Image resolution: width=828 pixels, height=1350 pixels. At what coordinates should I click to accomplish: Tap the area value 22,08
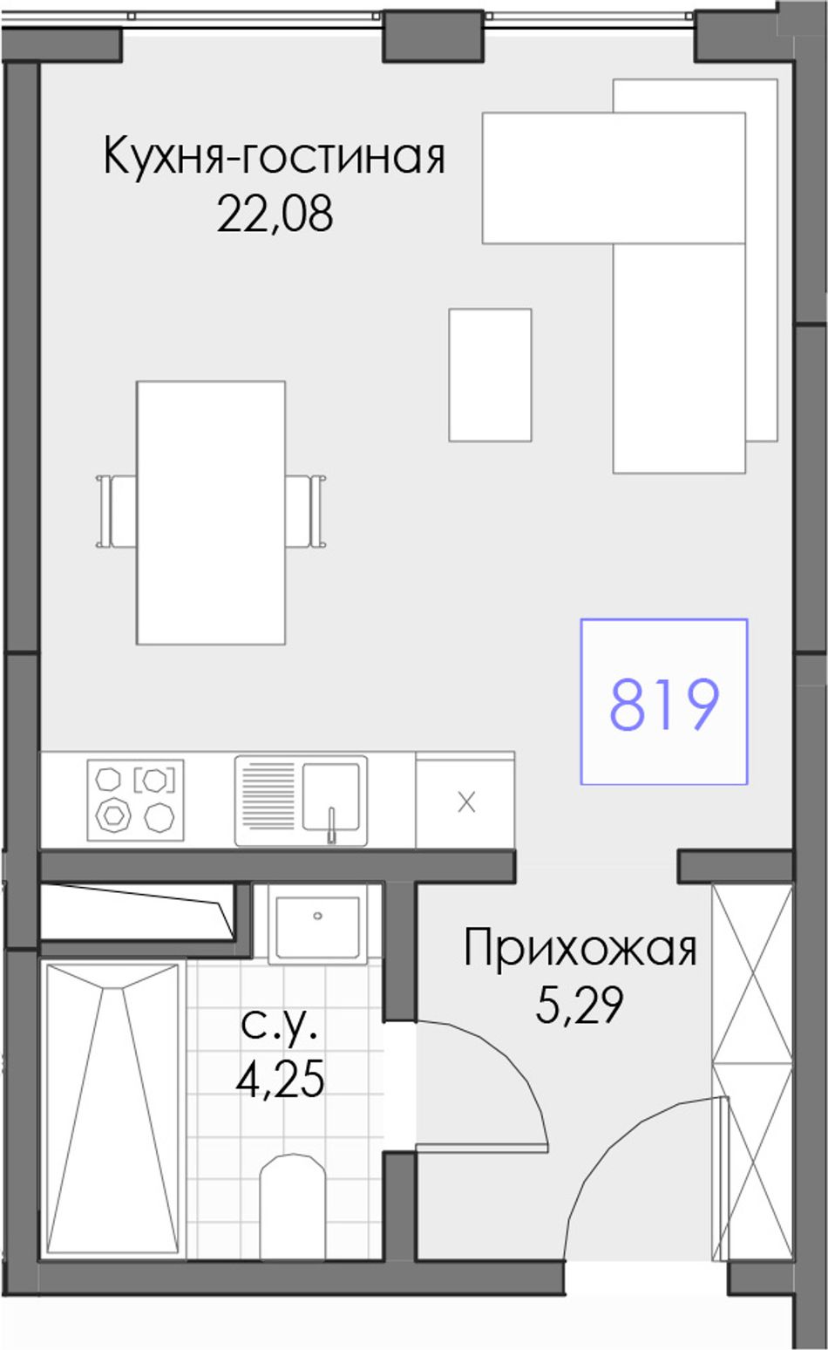click(275, 215)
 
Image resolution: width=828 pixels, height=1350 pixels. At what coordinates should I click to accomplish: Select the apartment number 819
click(664, 704)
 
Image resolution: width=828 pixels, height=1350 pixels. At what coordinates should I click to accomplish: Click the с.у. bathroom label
click(280, 1025)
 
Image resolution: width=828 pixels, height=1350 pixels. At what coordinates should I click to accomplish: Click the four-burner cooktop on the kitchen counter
click(135, 800)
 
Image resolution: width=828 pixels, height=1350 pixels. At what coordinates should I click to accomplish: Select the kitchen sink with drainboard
click(301, 801)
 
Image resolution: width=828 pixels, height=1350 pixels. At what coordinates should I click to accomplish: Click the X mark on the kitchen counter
click(466, 802)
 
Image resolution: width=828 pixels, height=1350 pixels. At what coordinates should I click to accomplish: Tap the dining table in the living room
click(211, 512)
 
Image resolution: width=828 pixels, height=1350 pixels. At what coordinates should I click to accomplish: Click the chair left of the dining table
click(116, 511)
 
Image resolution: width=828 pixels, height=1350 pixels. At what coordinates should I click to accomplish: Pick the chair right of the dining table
click(305, 511)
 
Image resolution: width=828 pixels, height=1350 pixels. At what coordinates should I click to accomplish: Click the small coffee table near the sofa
click(490, 375)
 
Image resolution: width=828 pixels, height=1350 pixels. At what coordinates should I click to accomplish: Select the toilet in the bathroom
click(293, 1191)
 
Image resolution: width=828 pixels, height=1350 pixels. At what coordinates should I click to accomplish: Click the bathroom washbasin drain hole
click(318, 916)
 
